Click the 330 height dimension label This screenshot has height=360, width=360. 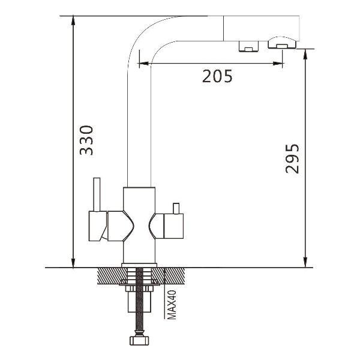(86, 140)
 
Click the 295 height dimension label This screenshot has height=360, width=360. (292, 158)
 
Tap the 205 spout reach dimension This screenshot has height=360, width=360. (217, 76)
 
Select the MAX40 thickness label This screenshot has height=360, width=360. (172, 305)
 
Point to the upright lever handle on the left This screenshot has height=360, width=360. (97, 194)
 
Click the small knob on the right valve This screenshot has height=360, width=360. (176, 208)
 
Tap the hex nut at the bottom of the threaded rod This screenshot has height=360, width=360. (139, 340)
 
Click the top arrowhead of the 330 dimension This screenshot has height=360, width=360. (73, 20)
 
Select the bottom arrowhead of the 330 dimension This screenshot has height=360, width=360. (73, 263)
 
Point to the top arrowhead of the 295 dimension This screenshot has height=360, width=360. (305, 54)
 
